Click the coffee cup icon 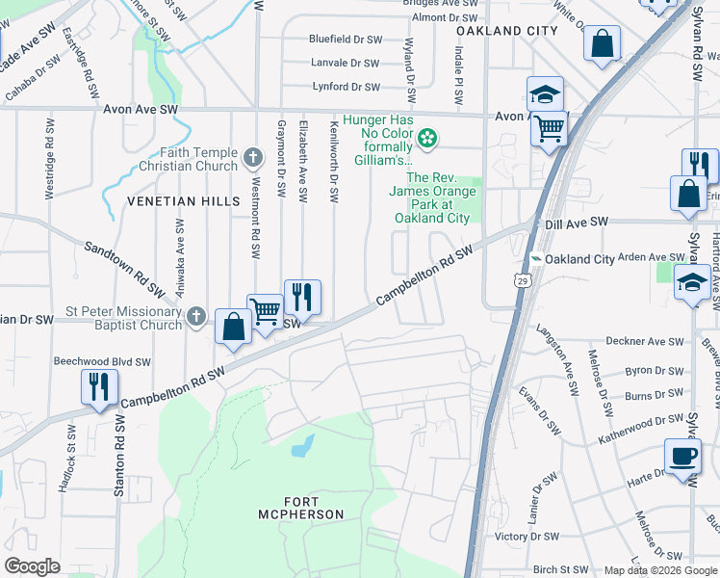(x=682, y=457)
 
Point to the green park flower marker (x=426, y=142)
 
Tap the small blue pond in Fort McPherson (x=302, y=445)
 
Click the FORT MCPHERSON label (x=300, y=507)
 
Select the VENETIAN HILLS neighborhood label (x=182, y=200)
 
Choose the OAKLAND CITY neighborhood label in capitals (x=506, y=31)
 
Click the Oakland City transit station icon (x=535, y=259)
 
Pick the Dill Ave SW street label (x=577, y=222)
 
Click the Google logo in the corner (x=33, y=566)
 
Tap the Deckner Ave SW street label (x=644, y=342)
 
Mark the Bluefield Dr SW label (x=345, y=39)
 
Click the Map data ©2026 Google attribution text (x=660, y=570)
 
